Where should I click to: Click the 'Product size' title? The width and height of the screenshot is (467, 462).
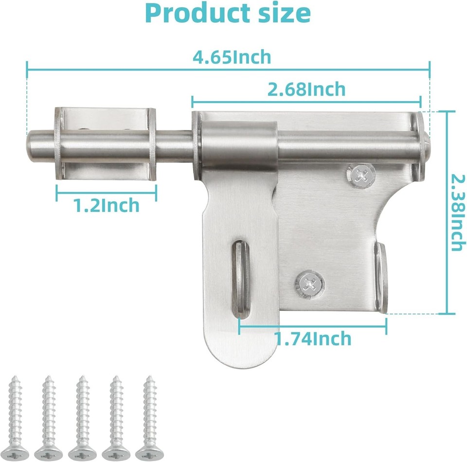click(x=228, y=14)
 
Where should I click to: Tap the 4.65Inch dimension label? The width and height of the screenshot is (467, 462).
click(x=232, y=57)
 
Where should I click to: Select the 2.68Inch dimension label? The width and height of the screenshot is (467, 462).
click(x=306, y=89)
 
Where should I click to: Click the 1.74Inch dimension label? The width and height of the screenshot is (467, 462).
click(x=313, y=338)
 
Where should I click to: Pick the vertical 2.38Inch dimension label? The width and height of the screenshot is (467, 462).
click(x=455, y=213)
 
